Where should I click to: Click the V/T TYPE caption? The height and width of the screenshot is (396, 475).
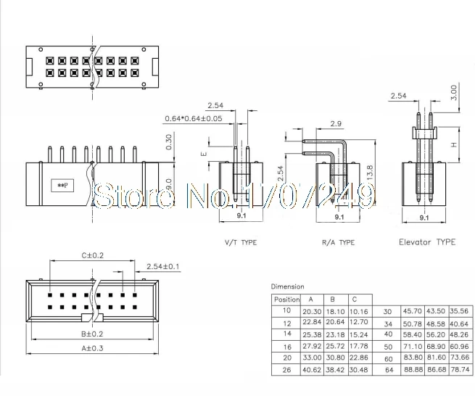click(239, 242)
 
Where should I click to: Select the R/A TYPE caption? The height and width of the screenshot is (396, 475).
click(337, 242)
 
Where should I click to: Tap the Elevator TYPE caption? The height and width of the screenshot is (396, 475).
click(427, 242)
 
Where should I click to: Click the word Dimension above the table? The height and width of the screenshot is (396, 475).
click(288, 286)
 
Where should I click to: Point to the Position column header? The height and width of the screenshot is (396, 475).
click(286, 299)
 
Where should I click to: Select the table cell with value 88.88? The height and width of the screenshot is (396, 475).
click(413, 370)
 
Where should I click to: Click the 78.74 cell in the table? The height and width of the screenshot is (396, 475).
click(458, 370)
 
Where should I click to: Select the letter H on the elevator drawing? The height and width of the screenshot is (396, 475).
click(455, 144)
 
